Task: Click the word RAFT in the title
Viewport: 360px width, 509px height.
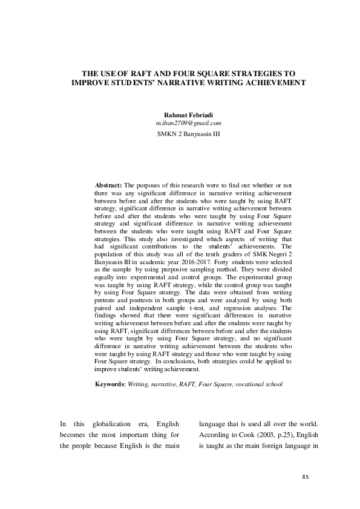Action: [137, 71]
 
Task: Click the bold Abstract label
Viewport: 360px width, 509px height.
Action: [109, 184]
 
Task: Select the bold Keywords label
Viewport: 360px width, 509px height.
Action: [111, 384]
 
